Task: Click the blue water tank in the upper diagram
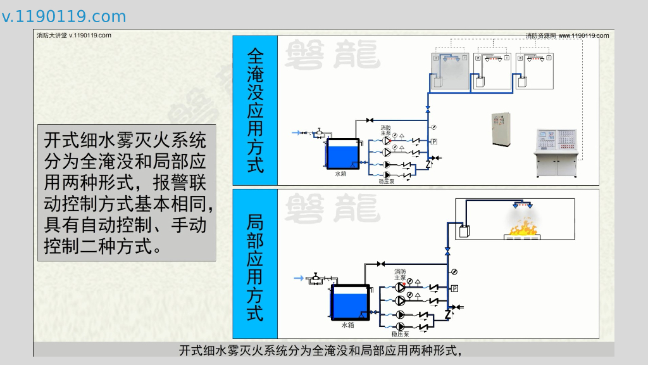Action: click(x=342, y=155)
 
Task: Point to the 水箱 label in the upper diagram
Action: click(x=341, y=174)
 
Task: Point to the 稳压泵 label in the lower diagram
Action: click(x=400, y=333)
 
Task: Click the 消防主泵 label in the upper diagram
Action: click(x=385, y=130)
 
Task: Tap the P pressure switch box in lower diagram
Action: click(x=454, y=289)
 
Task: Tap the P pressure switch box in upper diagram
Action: click(x=434, y=141)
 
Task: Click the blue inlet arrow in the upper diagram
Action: click(x=296, y=132)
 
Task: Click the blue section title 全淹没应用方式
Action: click(x=255, y=111)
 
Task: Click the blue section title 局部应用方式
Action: click(x=255, y=267)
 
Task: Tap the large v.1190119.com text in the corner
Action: click(x=64, y=16)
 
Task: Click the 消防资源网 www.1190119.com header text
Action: click(x=567, y=35)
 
